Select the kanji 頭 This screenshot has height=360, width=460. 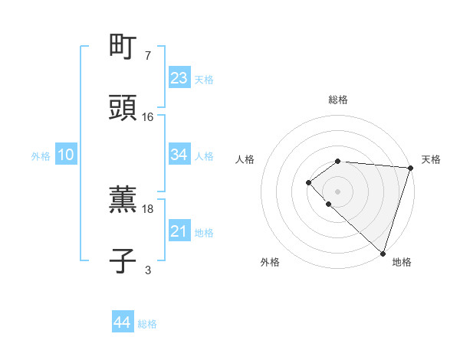tap(123, 107)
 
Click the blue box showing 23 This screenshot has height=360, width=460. tap(179, 78)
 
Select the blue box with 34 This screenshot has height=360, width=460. tap(179, 155)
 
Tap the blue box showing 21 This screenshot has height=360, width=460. tap(179, 231)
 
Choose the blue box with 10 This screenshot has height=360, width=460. tap(66, 155)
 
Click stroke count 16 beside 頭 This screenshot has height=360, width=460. tap(148, 117)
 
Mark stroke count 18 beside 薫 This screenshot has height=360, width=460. tap(148, 208)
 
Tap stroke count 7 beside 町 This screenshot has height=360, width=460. tap(148, 56)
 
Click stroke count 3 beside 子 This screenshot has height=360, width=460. tap(148, 270)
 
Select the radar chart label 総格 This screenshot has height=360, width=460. tap(337, 100)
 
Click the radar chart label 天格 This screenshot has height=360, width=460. tap(431, 159)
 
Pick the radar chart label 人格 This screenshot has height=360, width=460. tap(245, 159)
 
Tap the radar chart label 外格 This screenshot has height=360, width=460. tap(270, 262)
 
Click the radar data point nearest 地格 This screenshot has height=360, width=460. tap(383, 253)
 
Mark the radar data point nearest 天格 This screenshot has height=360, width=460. tap(410, 168)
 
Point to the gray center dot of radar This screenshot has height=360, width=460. tap(337, 191)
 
